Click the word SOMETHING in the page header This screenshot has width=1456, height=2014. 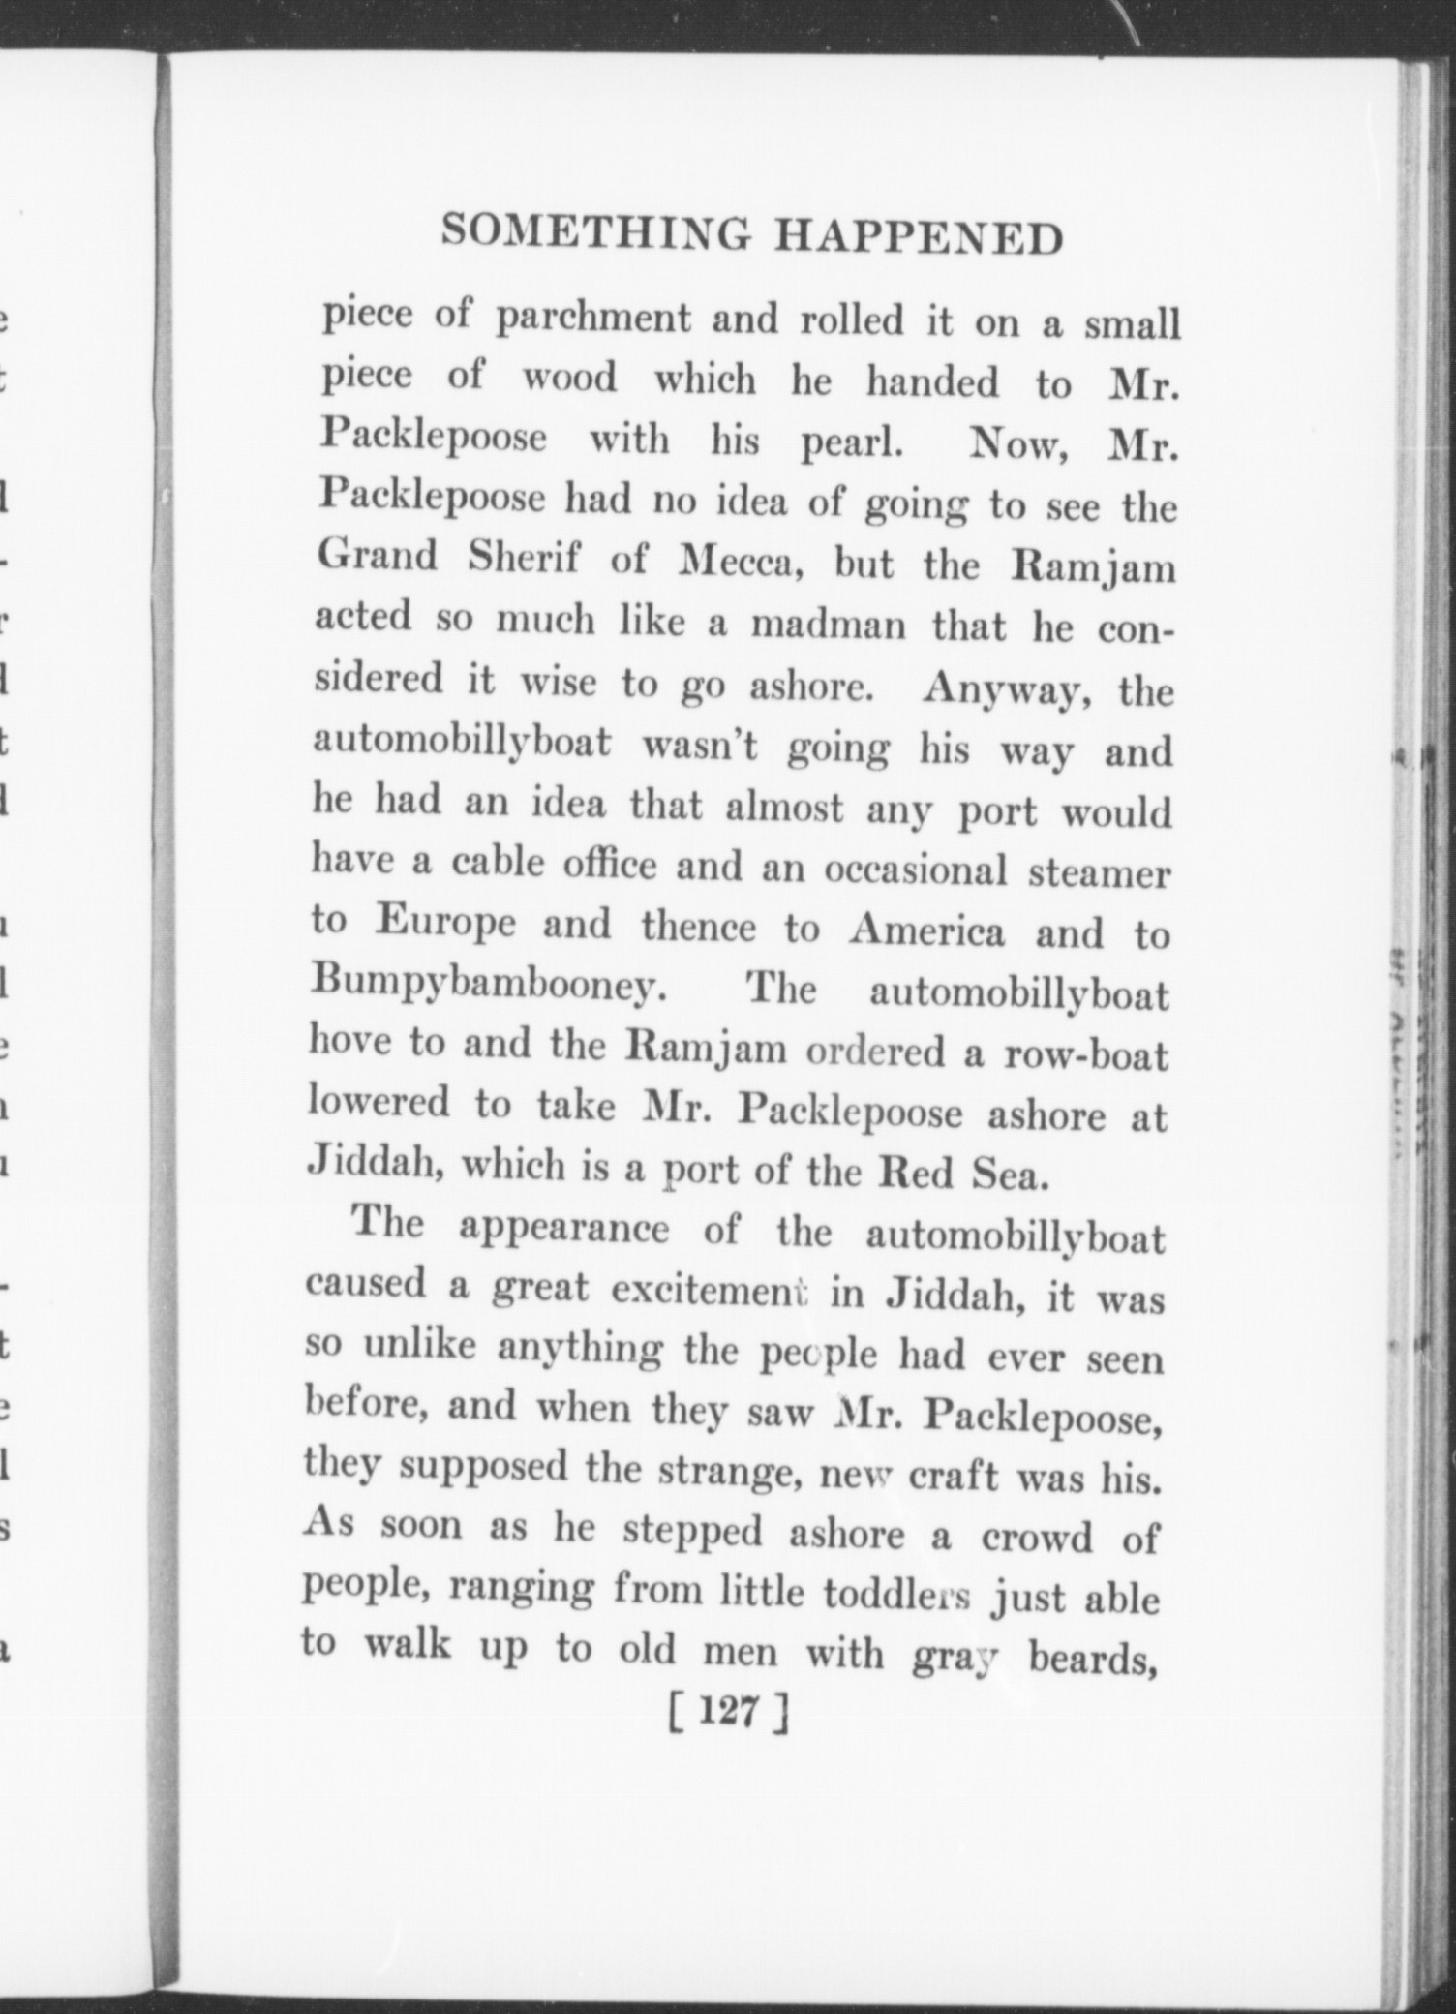click(595, 232)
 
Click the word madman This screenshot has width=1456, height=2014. click(829, 626)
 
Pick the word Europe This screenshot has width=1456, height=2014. click(445, 924)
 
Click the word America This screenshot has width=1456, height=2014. click(927, 931)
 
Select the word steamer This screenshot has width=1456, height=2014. click(1099, 872)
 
